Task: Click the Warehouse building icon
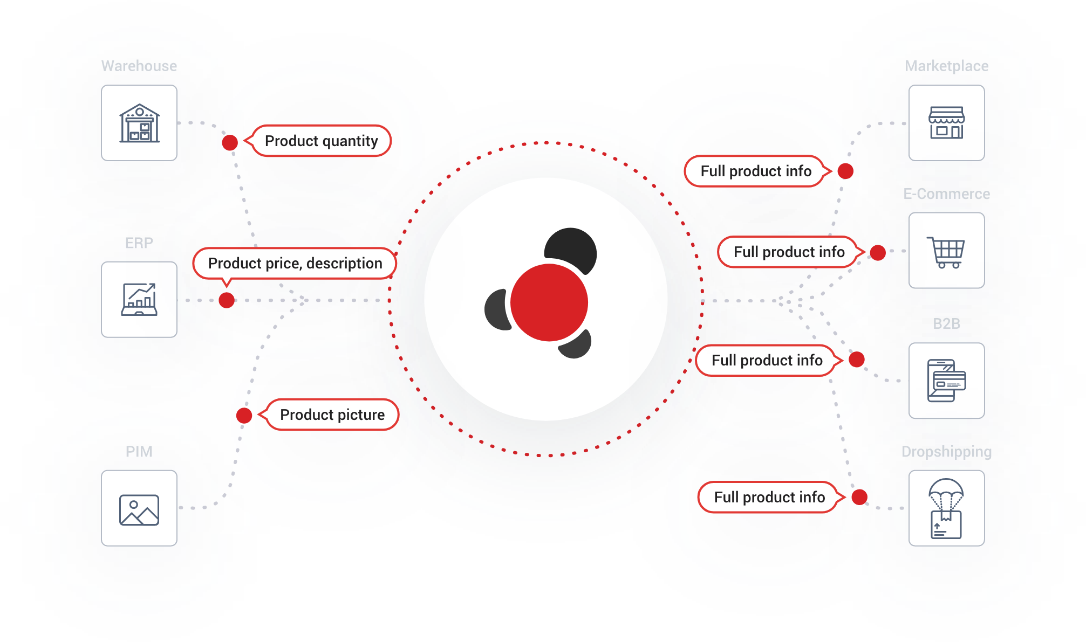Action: coord(139,123)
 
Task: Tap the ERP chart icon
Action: coord(139,300)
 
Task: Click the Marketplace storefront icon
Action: coord(946,123)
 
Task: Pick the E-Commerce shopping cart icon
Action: coord(946,251)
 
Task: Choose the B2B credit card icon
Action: coord(946,381)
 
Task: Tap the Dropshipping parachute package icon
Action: coord(946,508)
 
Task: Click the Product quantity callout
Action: coord(321,141)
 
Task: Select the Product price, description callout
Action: coord(295,264)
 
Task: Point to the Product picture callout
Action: coord(332,415)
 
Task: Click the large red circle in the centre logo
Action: coord(549,302)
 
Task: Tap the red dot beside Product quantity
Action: coord(230,143)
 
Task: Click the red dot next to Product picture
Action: coord(244,416)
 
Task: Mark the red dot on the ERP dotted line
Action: coord(227,300)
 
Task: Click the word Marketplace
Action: coord(946,66)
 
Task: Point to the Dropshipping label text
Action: coord(946,452)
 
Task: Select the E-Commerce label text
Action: coord(946,194)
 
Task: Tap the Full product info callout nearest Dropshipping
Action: coord(769,497)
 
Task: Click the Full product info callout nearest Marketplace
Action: coord(755,171)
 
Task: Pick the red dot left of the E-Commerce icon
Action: coord(878,252)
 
